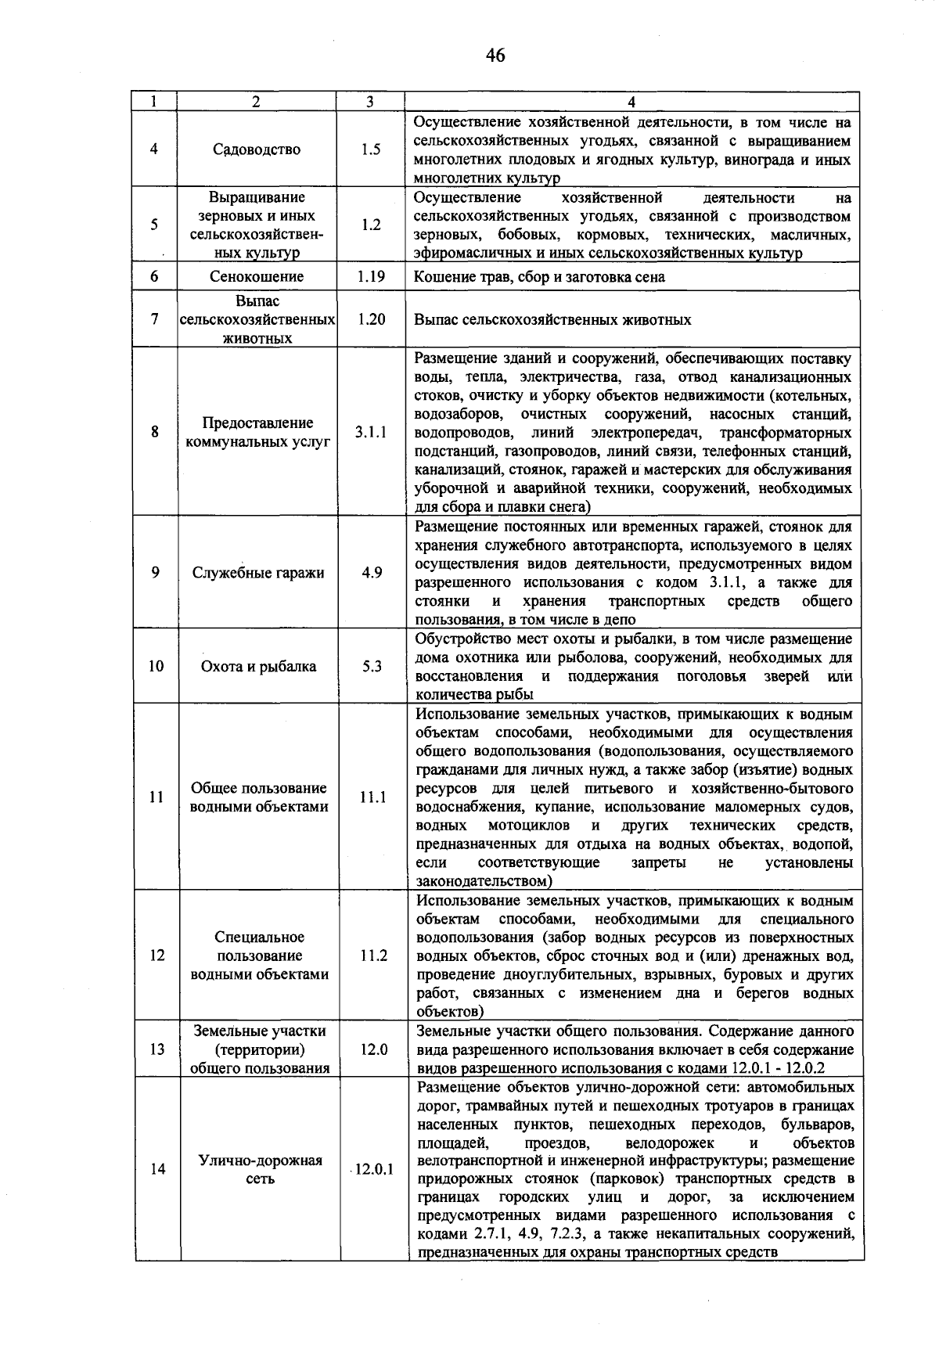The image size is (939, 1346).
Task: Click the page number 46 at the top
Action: coord(495,55)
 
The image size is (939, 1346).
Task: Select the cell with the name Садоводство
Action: coord(257,149)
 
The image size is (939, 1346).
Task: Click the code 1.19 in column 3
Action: coord(371,276)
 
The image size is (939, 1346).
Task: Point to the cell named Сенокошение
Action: coord(257,276)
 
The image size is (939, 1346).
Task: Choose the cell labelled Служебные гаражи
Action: coord(258,573)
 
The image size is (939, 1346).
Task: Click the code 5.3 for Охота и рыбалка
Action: coord(372,666)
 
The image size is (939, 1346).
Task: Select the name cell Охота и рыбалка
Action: coord(258,666)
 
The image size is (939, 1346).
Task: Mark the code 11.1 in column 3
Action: coord(372,797)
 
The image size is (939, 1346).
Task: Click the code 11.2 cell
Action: coord(372,956)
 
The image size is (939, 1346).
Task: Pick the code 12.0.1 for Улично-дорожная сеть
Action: coord(374,1169)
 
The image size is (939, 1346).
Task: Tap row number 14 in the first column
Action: coord(157,1169)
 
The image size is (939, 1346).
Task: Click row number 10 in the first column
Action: coord(156,666)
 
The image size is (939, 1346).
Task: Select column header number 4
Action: coord(631,102)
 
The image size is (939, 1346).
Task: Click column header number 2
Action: coord(256,102)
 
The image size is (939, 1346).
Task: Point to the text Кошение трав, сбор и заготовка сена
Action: coord(539,277)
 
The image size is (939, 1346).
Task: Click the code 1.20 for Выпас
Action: coord(371,319)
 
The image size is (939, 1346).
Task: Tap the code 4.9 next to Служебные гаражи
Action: coord(372,573)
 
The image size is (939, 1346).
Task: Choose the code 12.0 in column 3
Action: coord(373,1049)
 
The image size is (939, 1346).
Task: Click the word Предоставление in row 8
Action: coord(257,423)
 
